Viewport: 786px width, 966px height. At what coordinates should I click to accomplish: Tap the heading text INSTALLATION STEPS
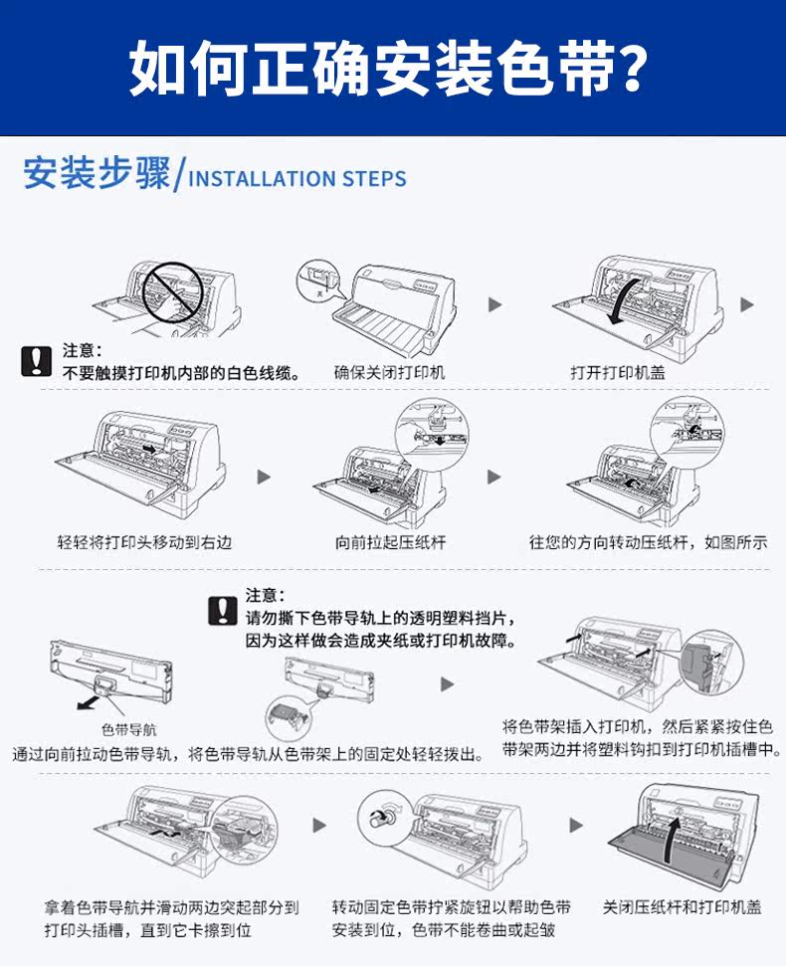(297, 179)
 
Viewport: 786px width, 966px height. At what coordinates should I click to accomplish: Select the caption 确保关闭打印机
(389, 372)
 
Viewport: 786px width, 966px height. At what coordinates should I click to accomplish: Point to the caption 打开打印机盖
(618, 372)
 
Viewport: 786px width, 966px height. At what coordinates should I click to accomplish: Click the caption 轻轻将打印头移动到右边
(145, 542)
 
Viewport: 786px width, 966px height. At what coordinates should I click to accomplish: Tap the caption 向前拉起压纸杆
(389, 542)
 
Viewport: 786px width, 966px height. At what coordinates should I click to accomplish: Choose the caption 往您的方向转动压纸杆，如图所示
(648, 542)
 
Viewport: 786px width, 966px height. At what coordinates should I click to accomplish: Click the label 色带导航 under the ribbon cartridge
(129, 729)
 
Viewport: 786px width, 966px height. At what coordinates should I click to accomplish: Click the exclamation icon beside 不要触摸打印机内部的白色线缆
(36, 361)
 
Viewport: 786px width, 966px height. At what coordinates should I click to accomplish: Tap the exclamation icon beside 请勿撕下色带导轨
(222, 610)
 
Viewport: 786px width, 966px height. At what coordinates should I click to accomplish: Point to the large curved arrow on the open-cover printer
(624, 298)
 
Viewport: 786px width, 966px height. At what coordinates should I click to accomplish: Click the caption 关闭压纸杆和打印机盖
(683, 907)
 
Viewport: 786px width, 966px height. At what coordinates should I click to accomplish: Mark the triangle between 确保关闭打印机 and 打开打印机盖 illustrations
(494, 304)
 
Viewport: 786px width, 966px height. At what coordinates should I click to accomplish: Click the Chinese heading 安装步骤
(96, 174)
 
